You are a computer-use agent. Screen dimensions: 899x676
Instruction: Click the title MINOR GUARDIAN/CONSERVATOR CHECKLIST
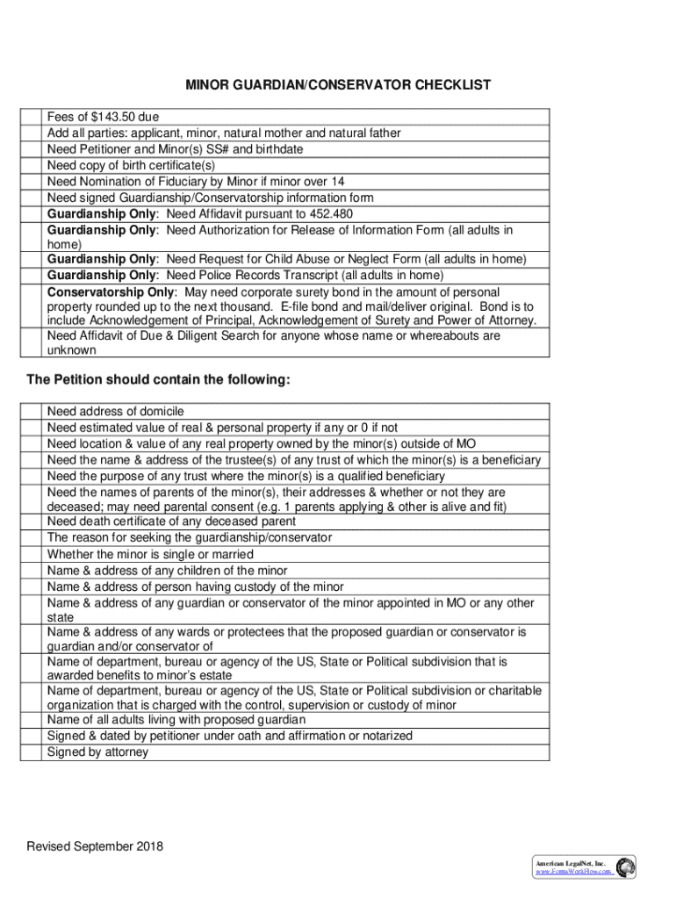[338, 85]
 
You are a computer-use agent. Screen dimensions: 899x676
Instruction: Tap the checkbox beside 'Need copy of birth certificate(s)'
[32, 165]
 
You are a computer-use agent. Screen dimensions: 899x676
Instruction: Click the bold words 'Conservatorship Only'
[109, 291]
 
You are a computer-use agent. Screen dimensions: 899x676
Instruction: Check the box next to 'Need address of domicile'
[32, 412]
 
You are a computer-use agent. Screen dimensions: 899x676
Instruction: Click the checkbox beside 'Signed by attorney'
[32, 752]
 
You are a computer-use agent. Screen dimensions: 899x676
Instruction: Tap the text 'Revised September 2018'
[95, 847]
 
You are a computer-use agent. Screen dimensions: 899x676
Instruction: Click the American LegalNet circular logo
[625, 867]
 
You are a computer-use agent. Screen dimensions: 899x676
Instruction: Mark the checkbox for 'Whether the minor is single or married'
[32, 555]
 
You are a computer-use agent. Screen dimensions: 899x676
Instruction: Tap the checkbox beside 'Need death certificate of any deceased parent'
[32, 521]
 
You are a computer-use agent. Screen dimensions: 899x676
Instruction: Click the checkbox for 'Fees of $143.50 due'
[32, 117]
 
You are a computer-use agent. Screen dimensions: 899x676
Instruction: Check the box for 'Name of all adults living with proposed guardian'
[32, 720]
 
